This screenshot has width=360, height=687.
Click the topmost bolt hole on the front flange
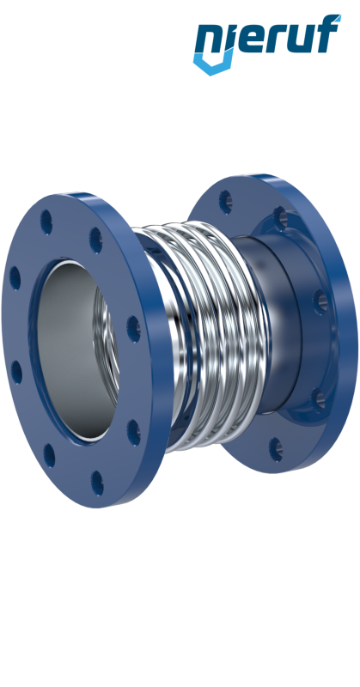pos(46,222)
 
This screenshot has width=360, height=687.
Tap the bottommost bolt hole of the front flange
pos(97,483)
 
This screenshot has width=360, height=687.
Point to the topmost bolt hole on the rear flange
pos(225,202)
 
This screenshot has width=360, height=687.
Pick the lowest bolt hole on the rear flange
pos(276,449)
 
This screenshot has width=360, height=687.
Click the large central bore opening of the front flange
pos(72,350)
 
